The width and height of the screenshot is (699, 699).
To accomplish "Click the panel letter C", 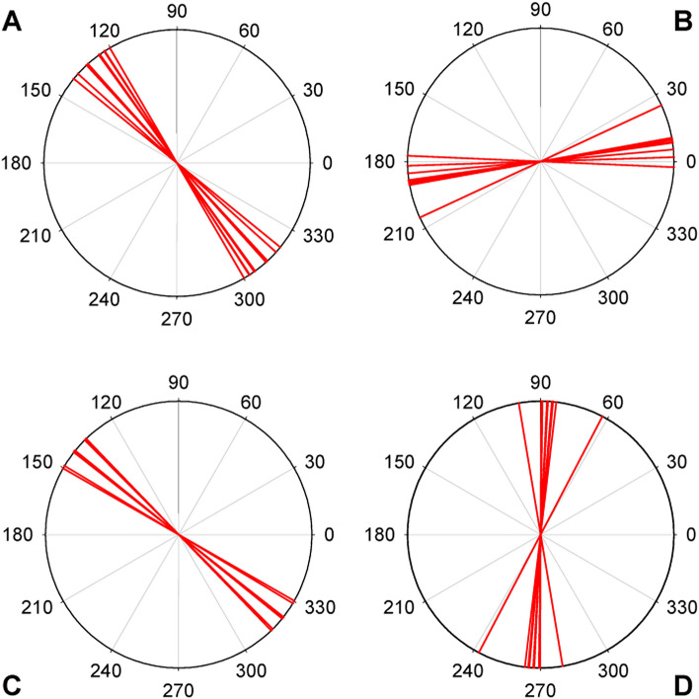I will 14,682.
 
